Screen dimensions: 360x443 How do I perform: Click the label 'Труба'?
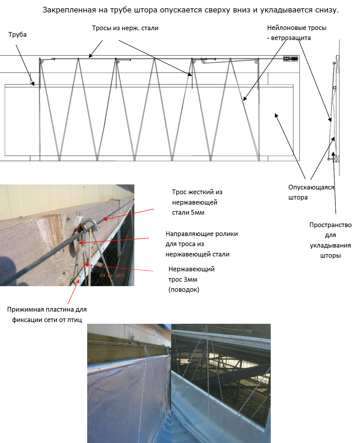17,34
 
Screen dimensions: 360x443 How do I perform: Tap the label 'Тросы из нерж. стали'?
125,28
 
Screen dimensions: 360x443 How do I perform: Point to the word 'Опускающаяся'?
311,187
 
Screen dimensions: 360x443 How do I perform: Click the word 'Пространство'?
330,225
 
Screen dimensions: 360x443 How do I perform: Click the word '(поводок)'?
184,289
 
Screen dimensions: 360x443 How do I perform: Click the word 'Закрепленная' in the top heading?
69,10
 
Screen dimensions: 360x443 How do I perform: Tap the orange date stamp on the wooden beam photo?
112,275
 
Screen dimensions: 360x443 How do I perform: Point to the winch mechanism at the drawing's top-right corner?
290,59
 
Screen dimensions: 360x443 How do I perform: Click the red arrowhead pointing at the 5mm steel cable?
105,219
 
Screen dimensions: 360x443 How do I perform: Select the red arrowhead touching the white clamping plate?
78,281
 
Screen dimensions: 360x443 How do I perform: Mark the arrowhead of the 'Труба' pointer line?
33,84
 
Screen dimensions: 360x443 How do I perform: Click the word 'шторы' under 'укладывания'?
330,256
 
